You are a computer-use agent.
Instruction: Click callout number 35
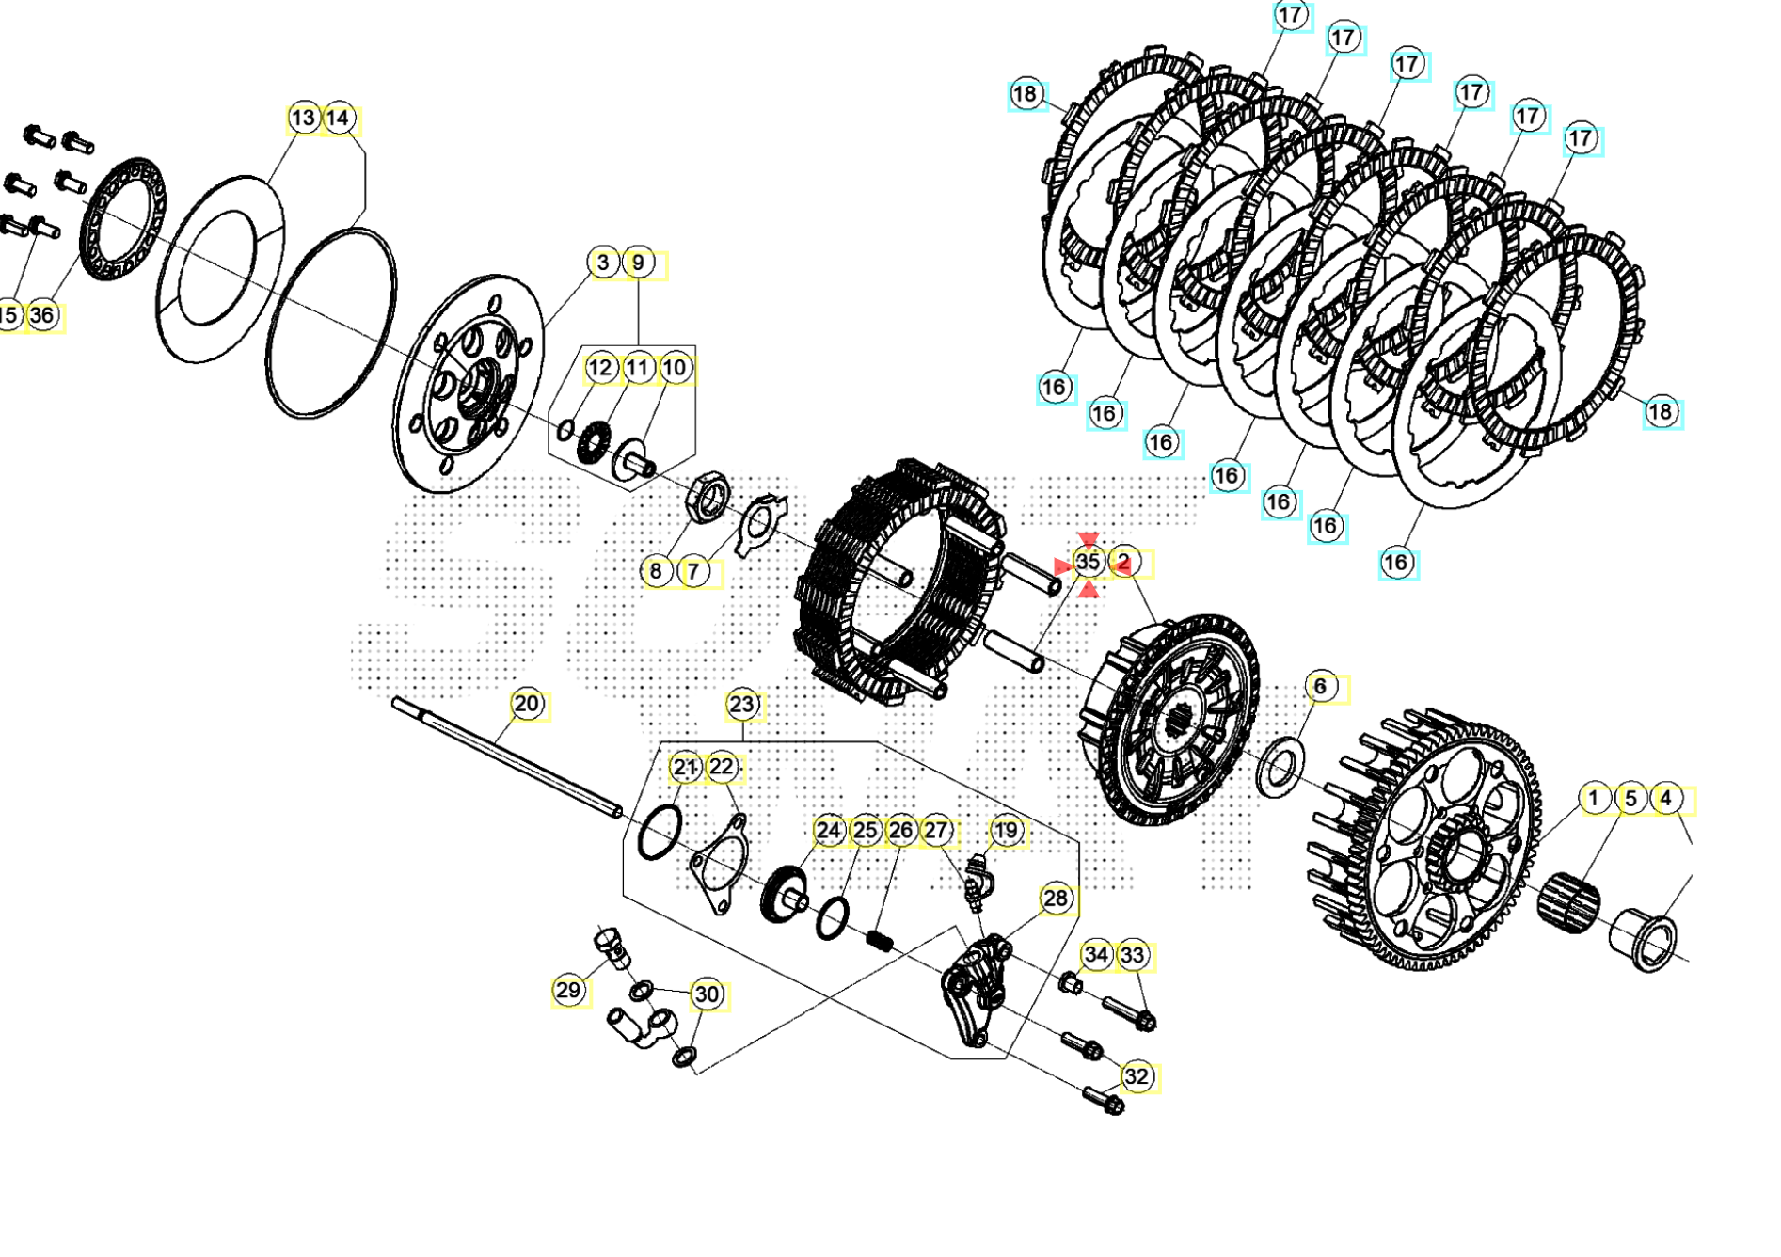click(x=1088, y=562)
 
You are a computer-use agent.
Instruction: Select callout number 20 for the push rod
click(x=527, y=704)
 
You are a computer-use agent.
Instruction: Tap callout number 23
click(x=742, y=704)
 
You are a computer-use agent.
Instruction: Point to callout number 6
click(x=1320, y=687)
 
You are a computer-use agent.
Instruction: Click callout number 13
click(x=303, y=119)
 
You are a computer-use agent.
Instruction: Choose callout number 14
click(x=338, y=119)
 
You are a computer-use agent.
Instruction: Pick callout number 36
click(x=42, y=315)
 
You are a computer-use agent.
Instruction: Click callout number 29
click(x=568, y=990)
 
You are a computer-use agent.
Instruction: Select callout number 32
click(x=1137, y=1076)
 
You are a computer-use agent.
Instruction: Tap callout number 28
click(x=1056, y=899)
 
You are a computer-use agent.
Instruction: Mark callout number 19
click(x=1007, y=831)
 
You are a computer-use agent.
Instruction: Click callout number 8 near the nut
click(x=657, y=570)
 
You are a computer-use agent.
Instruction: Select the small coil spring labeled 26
click(x=879, y=939)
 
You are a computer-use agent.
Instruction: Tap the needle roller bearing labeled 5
click(x=1568, y=901)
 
